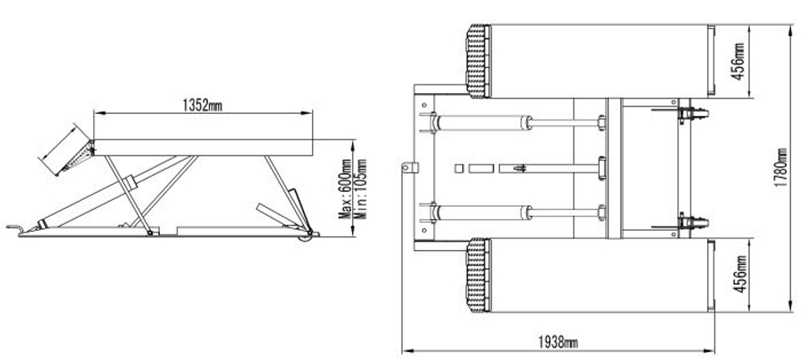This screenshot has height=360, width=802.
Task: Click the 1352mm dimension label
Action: (x=203, y=105)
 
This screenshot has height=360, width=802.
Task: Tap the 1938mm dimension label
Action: (x=558, y=342)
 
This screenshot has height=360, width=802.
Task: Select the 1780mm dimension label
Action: (x=780, y=168)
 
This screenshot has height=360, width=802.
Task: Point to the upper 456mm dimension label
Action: (x=738, y=62)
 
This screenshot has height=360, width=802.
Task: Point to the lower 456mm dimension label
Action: (x=739, y=274)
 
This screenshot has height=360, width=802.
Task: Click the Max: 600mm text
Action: (x=346, y=188)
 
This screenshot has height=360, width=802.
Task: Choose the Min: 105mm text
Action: (x=361, y=188)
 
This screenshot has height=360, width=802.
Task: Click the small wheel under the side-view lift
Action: (x=306, y=237)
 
